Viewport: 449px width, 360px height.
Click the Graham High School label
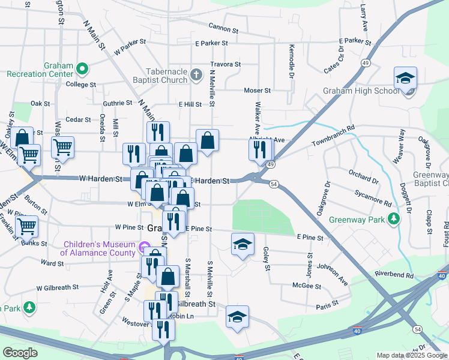coord(361,91)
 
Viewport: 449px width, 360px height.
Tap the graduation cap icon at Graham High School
coord(405,78)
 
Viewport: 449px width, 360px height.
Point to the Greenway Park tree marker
coord(393,219)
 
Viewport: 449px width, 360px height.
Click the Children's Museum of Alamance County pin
coord(143,247)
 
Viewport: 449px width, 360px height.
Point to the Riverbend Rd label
coord(394,275)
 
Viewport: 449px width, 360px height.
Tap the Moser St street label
coord(257,91)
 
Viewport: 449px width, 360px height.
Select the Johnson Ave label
coord(332,273)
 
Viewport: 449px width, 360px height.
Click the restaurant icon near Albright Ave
coord(259,149)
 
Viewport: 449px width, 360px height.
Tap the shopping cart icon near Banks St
coord(26,226)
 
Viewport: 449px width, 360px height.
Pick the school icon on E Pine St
coord(243,244)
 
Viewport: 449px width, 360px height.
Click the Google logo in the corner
coord(20,353)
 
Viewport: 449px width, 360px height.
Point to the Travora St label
coord(225,64)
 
